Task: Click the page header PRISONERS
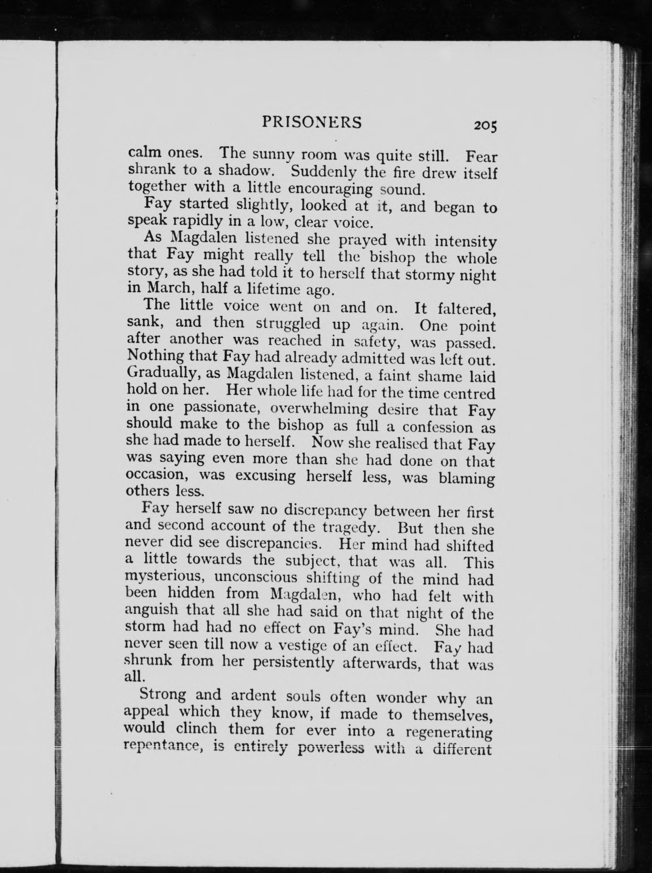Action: tap(311, 123)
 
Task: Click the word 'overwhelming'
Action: tap(319, 409)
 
